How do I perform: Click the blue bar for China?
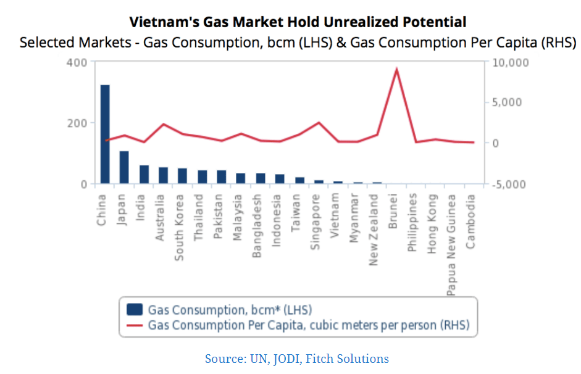[x=105, y=135]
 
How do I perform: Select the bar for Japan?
[x=124, y=167]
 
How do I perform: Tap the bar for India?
[x=144, y=175]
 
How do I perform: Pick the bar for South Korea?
[x=182, y=176]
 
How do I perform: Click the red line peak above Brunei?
[x=396, y=69]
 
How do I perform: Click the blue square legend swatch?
[x=135, y=310]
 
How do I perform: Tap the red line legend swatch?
[x=135, y=325]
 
